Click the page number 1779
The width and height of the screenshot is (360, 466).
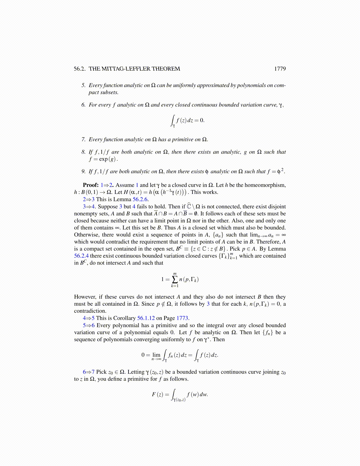280,69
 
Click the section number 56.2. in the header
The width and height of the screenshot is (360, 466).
80,69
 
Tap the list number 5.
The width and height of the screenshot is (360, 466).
84,85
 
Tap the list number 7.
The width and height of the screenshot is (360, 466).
84,139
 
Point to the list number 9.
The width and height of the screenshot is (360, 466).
84,172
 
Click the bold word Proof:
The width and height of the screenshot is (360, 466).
91,185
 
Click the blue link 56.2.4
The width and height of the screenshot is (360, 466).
81,256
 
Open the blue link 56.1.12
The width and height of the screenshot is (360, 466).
146,318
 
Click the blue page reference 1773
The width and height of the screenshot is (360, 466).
182,318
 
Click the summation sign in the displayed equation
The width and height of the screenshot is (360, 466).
175,279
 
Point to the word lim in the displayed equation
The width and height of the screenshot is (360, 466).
156,355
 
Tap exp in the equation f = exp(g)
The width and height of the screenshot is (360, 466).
103,159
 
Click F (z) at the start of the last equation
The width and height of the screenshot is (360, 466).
157,394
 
